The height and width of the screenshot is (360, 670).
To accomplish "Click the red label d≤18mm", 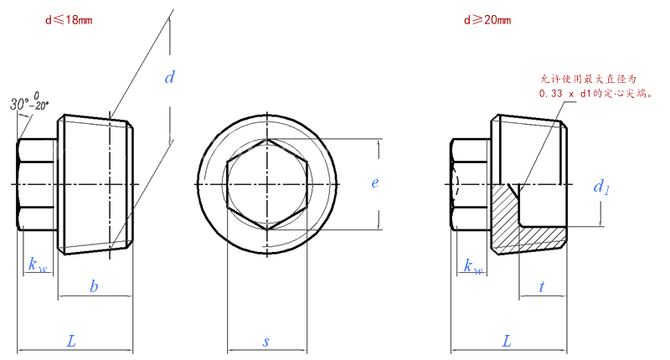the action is [x=69, y=20].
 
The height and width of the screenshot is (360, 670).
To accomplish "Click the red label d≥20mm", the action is [x=487, y=20].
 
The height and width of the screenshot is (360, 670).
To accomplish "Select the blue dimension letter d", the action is [x=170, y=77].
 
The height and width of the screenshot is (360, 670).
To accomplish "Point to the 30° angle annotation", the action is [x=29, y=102].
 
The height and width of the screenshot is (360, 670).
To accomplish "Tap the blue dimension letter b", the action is [x=94, y=285].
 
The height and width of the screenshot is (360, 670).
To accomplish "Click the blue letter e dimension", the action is [x=374, y=183].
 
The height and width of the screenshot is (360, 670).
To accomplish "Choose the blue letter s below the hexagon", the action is [x=266, y=342].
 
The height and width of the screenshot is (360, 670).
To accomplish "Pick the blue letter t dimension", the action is [x=541, y=286].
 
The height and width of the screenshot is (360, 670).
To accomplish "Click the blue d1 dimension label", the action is [x=600, y=187].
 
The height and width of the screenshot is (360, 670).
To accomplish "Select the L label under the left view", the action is [x=71, y=341].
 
